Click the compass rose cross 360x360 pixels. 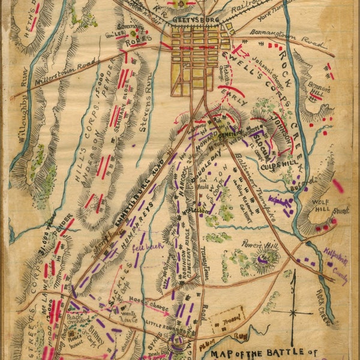pos(292,312)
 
